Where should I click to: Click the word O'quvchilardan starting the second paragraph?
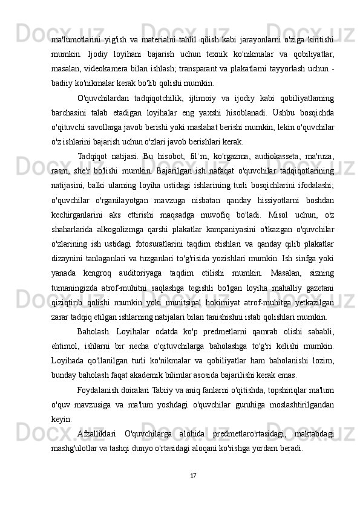104,97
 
